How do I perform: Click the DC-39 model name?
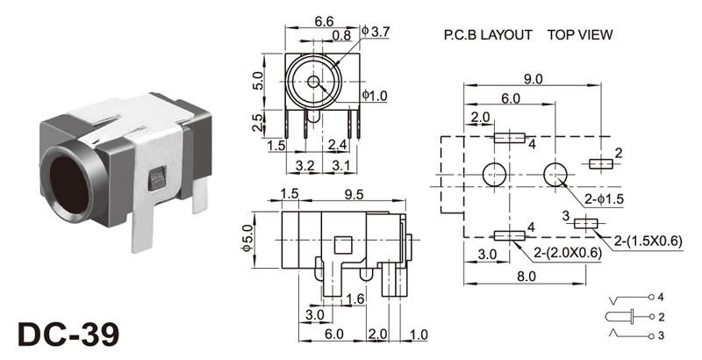pos(68,335)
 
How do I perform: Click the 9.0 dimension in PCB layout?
pos(533,79)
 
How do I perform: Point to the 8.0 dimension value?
pos(526,275)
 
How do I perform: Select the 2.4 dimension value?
pos(337,144)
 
